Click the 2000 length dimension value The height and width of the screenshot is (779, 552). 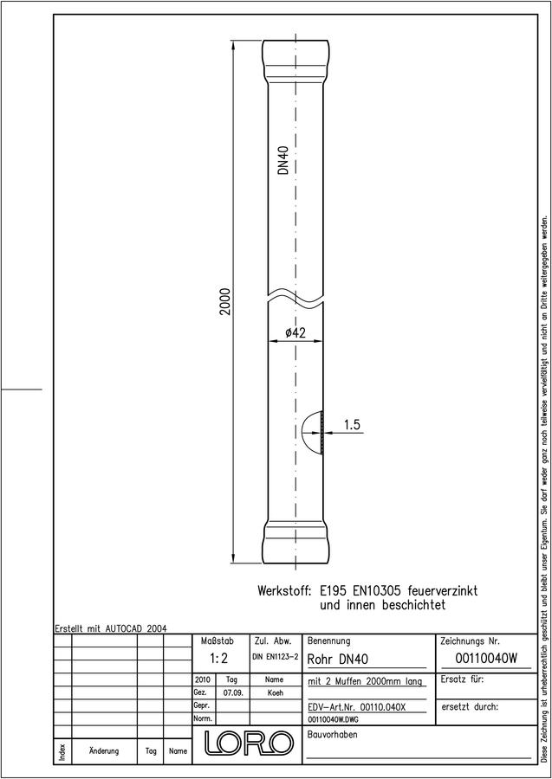(x=226, y=301)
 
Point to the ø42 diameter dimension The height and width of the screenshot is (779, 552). (x=295, y=334)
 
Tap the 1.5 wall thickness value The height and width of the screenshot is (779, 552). (x=352, y=425)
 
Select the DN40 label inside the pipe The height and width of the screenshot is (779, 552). (x=283, y=160)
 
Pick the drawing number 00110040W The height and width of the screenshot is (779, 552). (x=486, y=659)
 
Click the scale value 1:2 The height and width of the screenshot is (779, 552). (x=218, y=659)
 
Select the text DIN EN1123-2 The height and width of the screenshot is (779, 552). (x=276, y=657)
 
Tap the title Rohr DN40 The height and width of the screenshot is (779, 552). (x=338, y=660)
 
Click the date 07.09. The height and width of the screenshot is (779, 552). (x=233, y=693)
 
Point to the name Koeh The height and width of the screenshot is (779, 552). (x=275, y=693)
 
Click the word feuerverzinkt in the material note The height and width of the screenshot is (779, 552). (x=443, y=591)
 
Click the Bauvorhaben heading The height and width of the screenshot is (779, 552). (x=332, y=734)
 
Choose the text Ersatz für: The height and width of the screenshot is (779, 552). (x=462, y=679)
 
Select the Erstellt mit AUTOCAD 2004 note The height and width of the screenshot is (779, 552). (x=111, y=628)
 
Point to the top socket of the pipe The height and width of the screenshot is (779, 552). (x=295, y=60)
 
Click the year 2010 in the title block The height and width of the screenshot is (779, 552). (x=203, y=679)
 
